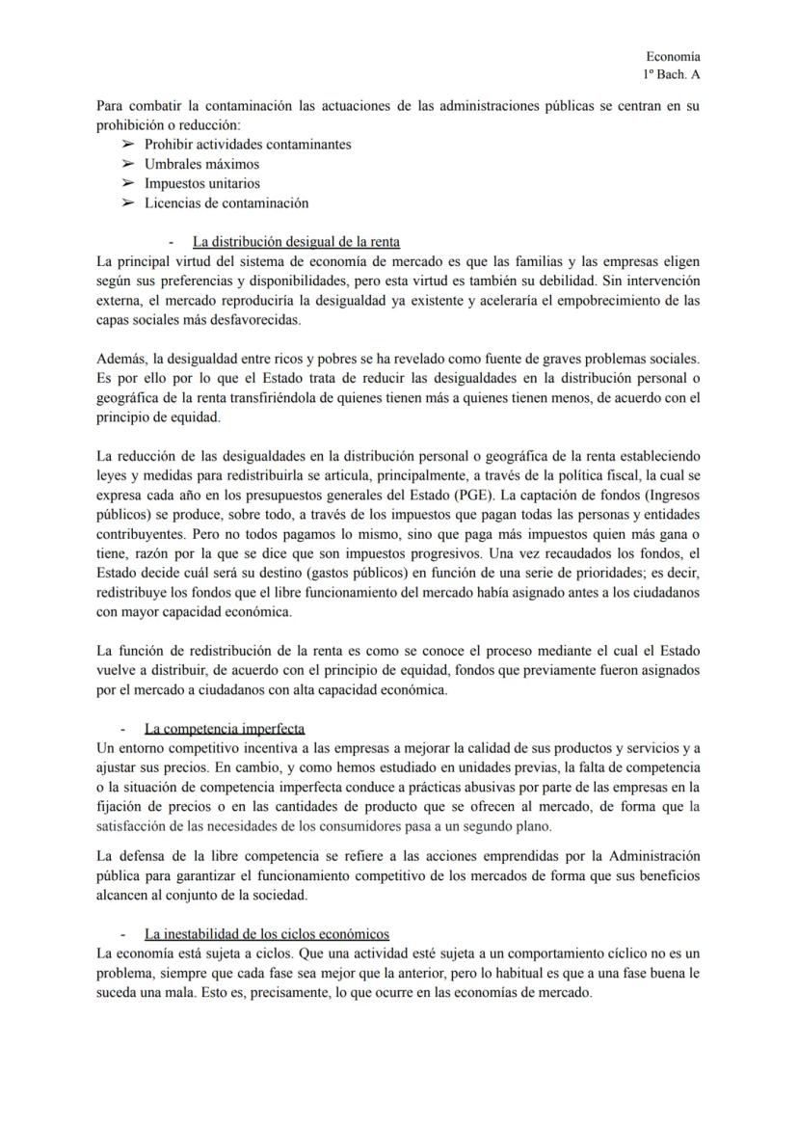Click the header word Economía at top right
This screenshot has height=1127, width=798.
click(x=673, y=57)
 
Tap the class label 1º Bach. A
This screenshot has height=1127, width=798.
click(x=672, y=75)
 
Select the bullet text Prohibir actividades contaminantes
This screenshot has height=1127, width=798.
click(x=248, y=145)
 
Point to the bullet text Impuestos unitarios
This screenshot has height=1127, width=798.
click(x=202, y=183)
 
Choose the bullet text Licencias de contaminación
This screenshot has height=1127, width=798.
click(x=226, y=202)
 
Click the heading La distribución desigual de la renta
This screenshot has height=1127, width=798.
click(x=296, y=242)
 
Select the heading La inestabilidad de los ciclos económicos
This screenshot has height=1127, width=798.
click(x=267, y=933)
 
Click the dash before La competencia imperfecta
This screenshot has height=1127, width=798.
click(x=122, y=728)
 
